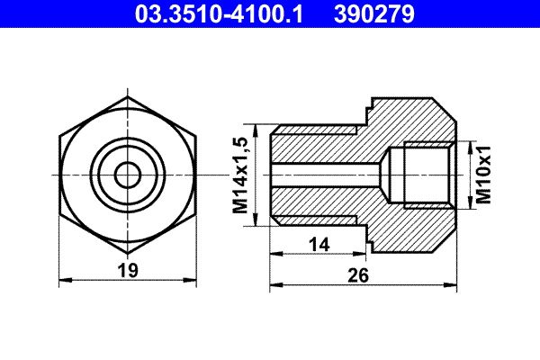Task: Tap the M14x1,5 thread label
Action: pyautogui.click(x=240, y=174)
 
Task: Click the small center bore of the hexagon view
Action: pyautogui.click(x=128, y=173)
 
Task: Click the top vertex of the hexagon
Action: pyautogui.click(x=128, y=96)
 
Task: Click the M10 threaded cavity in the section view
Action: pyautogui.click(x=427, y=174)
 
